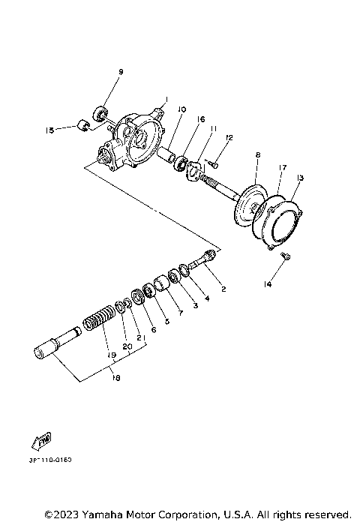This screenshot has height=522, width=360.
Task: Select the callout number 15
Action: point(50,129)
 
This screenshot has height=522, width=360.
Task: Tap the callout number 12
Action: point(229,137)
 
